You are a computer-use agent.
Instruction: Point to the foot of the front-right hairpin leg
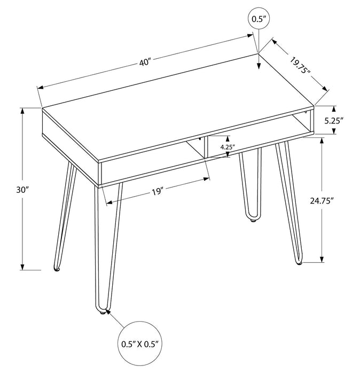[x=299, y=262]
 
